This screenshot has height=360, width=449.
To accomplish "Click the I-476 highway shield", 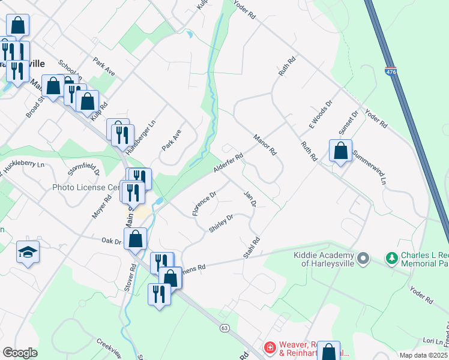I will pos(391,71).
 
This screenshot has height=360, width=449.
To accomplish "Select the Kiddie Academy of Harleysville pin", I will pos(363,259).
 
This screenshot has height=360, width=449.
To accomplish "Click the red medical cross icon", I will pos(270,347).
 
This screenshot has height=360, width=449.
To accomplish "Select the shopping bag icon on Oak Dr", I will pos(137,239).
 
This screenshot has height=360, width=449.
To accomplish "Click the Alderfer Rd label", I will pos(229,163).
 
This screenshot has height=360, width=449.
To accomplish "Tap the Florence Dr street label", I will pos(204,204).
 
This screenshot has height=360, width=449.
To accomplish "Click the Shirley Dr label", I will pos(220,224).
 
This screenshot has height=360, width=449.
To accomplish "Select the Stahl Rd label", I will pos(252,248).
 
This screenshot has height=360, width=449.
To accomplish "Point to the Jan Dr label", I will pos(250,199).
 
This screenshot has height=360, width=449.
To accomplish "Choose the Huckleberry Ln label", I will pos(24,164).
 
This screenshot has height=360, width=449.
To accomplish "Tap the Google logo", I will pos(20,353).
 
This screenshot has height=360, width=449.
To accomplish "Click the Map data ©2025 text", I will pos(423,355).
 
